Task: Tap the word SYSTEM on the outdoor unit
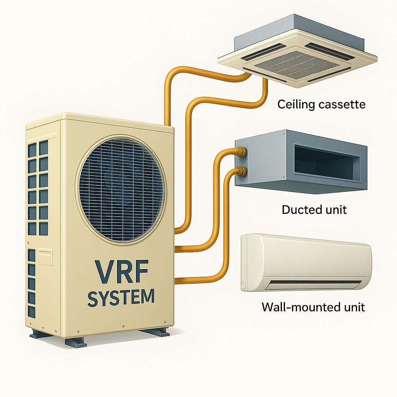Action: pos(121,298)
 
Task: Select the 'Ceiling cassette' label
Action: pos(321,104)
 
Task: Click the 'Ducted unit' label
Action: pos(314,210)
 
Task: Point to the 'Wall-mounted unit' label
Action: pos(313,307)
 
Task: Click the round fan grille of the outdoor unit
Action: pos(121,189)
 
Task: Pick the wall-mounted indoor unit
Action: pos(306,262)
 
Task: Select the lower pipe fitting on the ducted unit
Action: pos(242,171)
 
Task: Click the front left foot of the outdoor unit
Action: pos(76,342)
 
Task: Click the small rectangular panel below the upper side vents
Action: pos(45,257)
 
